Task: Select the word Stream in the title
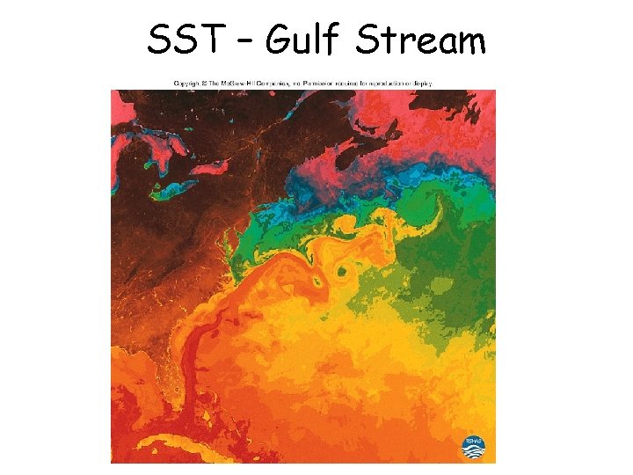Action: (421, 39)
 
